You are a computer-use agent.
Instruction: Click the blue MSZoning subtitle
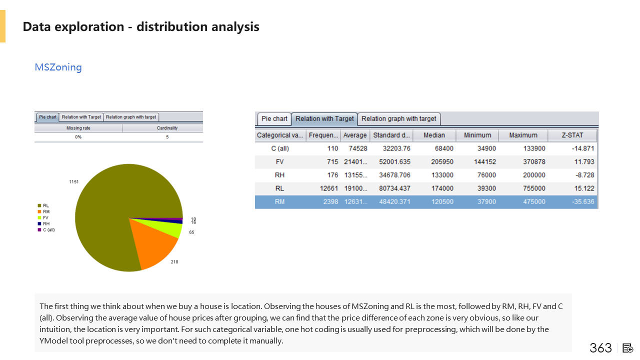click(x=58, y=67)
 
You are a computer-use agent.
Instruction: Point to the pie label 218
click(x=174, y=262)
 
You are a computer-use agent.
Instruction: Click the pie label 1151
click(x=74, y=182)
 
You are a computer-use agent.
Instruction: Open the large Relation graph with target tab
click(x=398, y=119)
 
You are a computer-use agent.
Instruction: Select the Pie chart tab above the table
click(x=274, y=119)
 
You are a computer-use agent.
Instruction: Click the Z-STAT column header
click(x=572, y=135)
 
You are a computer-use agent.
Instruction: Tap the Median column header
click(x=433, y=135)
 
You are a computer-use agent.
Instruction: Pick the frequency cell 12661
click(x=326, y=188)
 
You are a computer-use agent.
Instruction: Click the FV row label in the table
click(x=279, y=162)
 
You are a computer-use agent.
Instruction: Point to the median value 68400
click(x=442, y=148)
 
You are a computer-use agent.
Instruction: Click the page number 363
click(x=600, y=348)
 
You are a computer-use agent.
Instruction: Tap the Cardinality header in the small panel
click(x=167, y=128)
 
